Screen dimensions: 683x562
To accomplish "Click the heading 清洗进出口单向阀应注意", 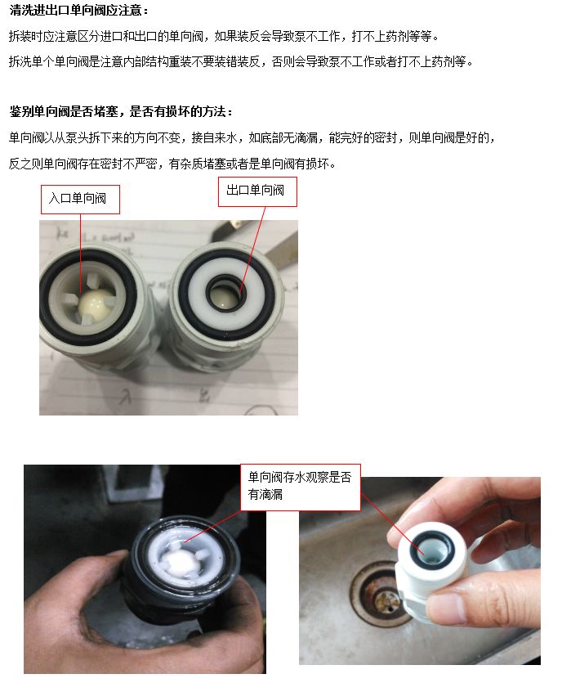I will [78, 11].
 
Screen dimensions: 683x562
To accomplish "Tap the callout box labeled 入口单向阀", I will [80, 199].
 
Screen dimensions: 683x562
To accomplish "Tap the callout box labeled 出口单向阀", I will [256, 191].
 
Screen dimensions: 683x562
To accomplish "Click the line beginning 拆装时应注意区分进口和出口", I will [224, 37].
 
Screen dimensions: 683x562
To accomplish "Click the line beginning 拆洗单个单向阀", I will [240, 62].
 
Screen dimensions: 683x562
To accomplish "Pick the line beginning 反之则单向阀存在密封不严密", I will [172, 164].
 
